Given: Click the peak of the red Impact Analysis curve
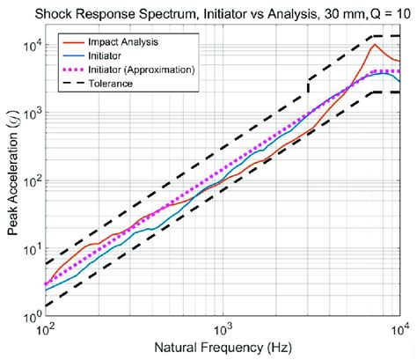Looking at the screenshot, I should [x=376, y=44].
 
